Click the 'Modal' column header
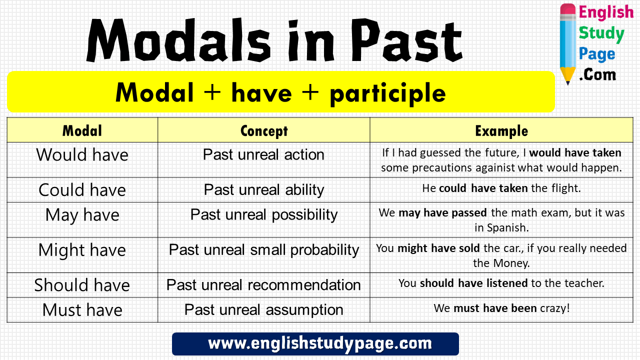coord(82,131)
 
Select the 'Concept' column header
coord(263,131)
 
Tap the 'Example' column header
coord(501,131)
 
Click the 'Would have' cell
coord(82,155)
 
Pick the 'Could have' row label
coord(82,190)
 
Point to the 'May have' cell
coord(82,215)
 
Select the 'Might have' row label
coord(82,250)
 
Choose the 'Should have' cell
coord(82,285)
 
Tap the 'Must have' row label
coord(82,310)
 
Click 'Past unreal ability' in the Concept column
coord(263,190)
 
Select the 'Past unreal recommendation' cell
coord(263,285)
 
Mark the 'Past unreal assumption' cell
coord(263,310)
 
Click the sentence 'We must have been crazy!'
coord(501,308)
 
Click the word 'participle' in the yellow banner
coord(387,93)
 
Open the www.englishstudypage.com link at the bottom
coord(319,344)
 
